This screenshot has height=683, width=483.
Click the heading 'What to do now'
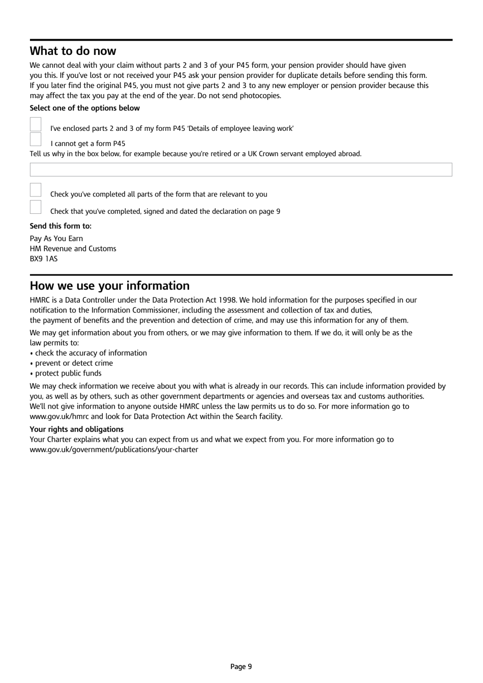[73, 51]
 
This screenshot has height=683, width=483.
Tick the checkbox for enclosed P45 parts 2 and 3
[36, 124]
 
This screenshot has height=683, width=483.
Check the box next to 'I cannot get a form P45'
[36, 139]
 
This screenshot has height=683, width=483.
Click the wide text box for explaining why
[240, 169]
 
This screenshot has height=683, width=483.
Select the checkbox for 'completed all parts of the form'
[36, 190]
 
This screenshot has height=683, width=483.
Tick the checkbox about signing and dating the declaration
[36, 207]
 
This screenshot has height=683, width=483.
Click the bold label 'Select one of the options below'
[84, 108]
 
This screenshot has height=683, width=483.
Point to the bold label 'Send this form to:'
[61, 226]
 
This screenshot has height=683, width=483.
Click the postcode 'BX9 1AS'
[44, 259]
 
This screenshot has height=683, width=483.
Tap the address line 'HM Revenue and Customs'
[73, 248]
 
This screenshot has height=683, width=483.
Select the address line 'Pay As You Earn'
[56, 238]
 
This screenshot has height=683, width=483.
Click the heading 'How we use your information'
[109, 286]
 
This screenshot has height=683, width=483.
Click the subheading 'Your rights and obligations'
[76, 429]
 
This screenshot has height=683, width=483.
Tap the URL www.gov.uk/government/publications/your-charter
[114, 449]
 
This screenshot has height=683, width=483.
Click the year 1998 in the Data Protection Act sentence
[226, 300]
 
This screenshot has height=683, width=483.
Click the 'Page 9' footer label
[241, 666]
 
